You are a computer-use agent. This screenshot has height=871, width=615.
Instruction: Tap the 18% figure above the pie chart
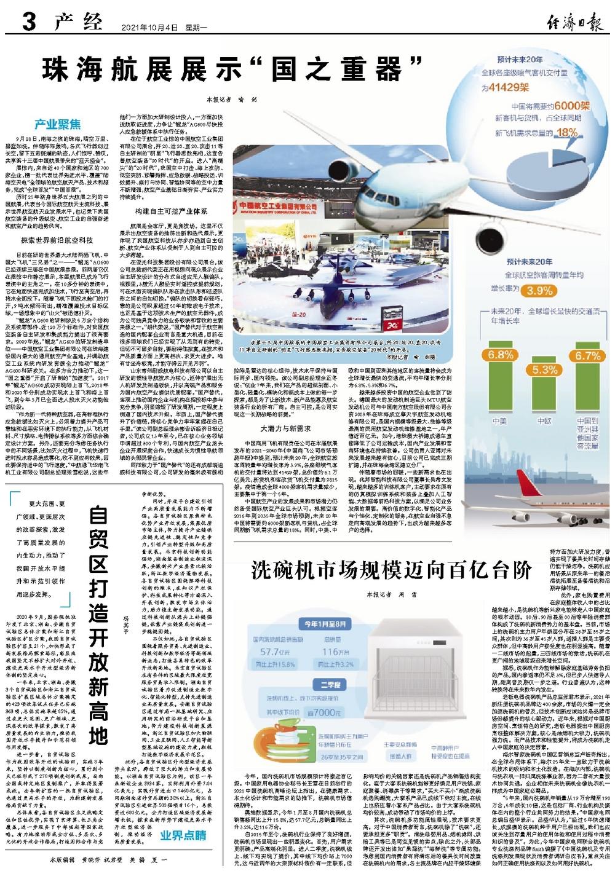[567, 132]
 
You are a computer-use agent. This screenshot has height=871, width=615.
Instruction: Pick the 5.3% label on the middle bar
[544, 370]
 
